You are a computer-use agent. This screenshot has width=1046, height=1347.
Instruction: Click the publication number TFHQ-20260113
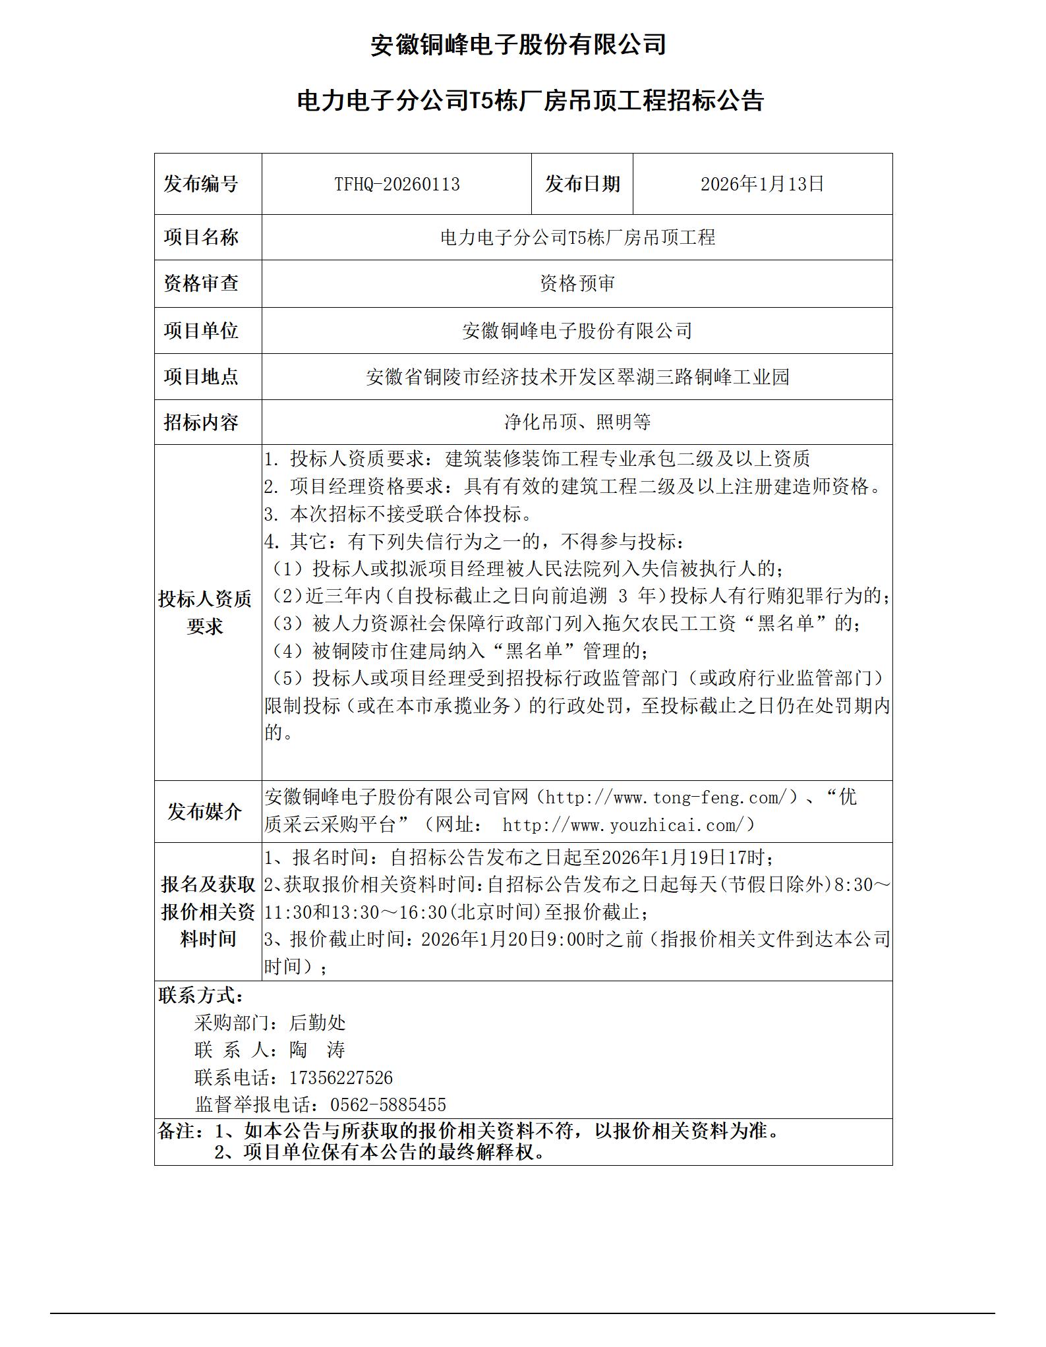coord(397,184)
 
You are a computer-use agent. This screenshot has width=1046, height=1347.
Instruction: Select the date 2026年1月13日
coord(762,184)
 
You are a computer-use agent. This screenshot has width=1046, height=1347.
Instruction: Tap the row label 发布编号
coord(201,184)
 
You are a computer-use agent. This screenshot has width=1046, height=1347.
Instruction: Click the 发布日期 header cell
coord(582,184)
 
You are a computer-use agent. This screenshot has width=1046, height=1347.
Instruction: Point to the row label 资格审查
coord(201,283)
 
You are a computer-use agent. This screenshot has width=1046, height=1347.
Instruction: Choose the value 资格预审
coord(577,283)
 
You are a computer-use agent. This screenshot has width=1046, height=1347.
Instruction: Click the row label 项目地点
coord(201,376)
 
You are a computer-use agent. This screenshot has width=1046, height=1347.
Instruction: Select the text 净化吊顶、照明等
coord(577,422)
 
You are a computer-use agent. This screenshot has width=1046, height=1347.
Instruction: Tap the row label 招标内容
coord(201,422)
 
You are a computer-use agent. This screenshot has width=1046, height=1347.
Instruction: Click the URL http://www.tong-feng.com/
coord(667,797)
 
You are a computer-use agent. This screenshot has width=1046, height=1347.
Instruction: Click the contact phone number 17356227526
coord(341,1078)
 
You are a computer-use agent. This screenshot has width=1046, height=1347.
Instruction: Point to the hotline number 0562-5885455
coord(388,1105)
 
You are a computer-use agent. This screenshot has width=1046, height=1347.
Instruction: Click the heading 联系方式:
coord(201,995)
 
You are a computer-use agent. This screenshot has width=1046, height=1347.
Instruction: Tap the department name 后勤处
coord(317,1023)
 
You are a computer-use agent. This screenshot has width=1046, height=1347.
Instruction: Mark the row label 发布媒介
coord(205,811)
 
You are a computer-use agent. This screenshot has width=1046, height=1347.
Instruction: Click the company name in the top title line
coord(518,45)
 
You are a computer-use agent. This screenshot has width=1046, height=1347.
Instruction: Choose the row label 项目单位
coord(201,330)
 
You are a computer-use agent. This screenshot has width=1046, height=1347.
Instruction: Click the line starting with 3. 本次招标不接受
coord(398,514)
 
